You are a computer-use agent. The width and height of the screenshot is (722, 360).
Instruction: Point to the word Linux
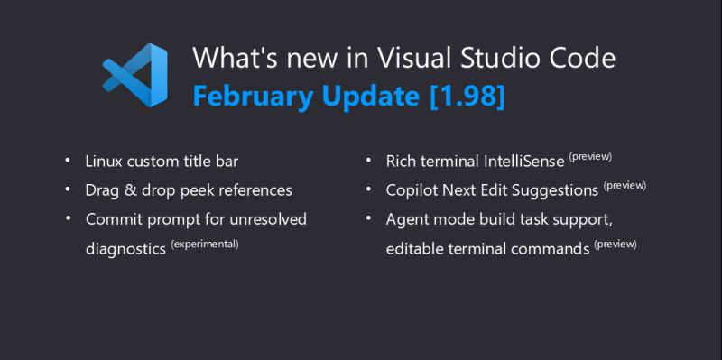105,162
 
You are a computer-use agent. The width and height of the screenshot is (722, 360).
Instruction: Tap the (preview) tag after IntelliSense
590,156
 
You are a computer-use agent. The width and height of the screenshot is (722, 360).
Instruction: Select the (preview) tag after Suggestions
625,185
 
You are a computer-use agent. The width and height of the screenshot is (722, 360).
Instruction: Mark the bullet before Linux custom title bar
67,162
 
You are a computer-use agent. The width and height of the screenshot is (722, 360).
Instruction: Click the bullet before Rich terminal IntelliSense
369,162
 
